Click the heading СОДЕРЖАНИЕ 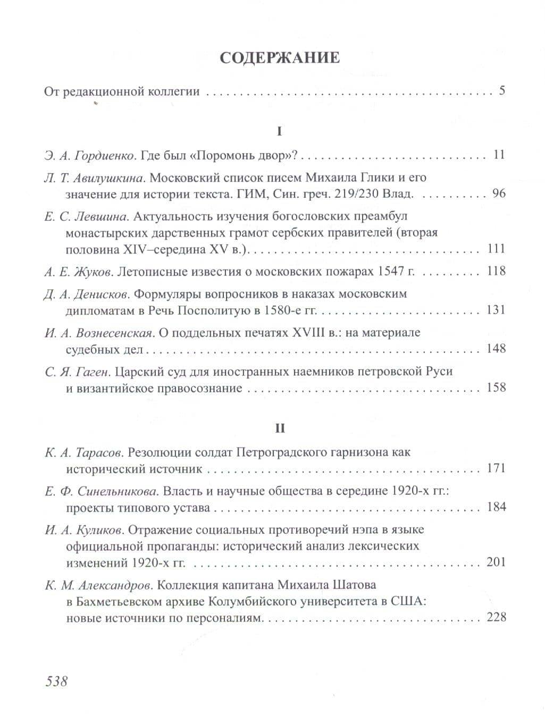(x=280, y=57)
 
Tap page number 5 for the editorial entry (x=502, y=90)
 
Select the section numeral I (x=280, y=131)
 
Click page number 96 (x=499, y=193)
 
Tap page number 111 (x=496, y=248)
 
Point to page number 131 (x=496, y=310)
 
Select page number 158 (x=496, y=387)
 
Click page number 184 (x=496, y=507)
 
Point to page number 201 (x=496, y=562)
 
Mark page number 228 (x=496, y=618)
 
